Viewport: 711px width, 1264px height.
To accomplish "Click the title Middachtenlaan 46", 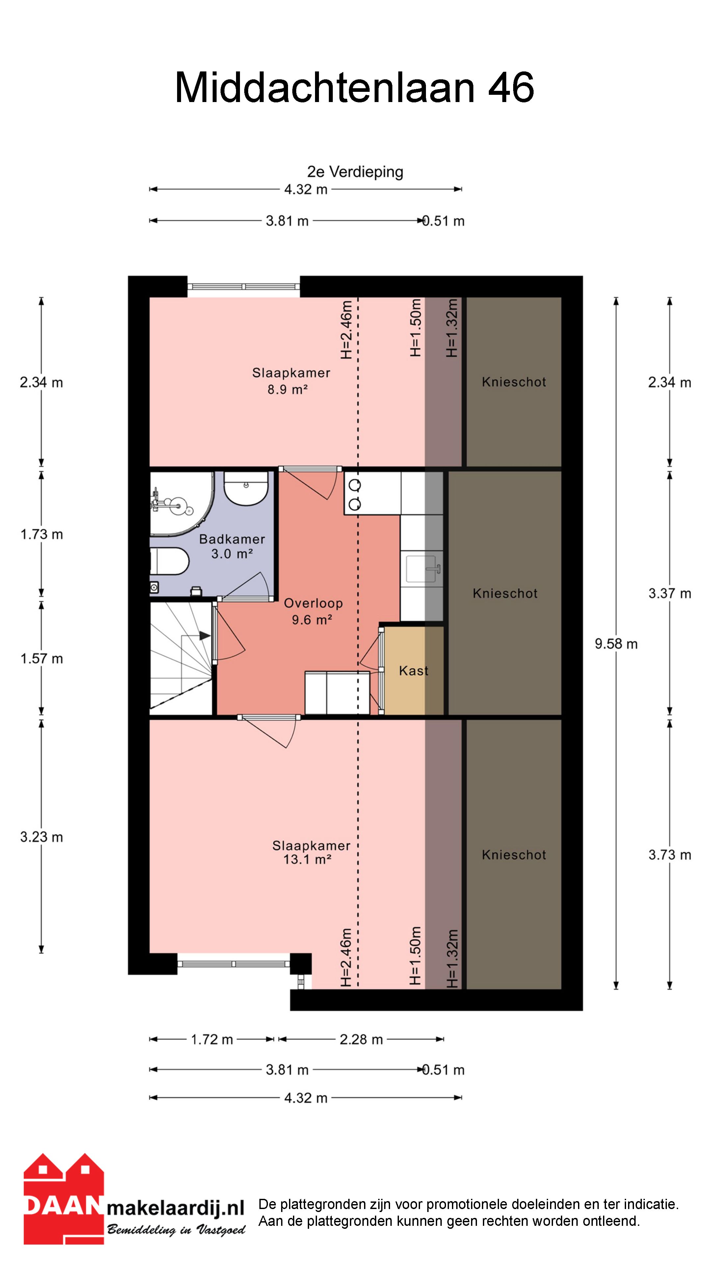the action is (x=354, y=87).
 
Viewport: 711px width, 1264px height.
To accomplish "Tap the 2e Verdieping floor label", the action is (x=355, y=172).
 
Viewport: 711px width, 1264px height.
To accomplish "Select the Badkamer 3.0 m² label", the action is (x=232, y=546).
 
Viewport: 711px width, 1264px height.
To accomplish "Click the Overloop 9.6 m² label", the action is (x=313, y=611).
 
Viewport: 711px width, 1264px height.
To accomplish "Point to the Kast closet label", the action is (x=414, y=671).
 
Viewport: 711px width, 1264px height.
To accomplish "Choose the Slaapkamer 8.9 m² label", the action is (x=291, y=381).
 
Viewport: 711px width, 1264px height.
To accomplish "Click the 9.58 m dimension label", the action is (x=616, y=644).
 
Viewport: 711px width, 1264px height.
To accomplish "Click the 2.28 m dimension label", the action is (x=361, y=1039).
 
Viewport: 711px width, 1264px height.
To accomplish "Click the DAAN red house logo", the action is (x=64, y=1199).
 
